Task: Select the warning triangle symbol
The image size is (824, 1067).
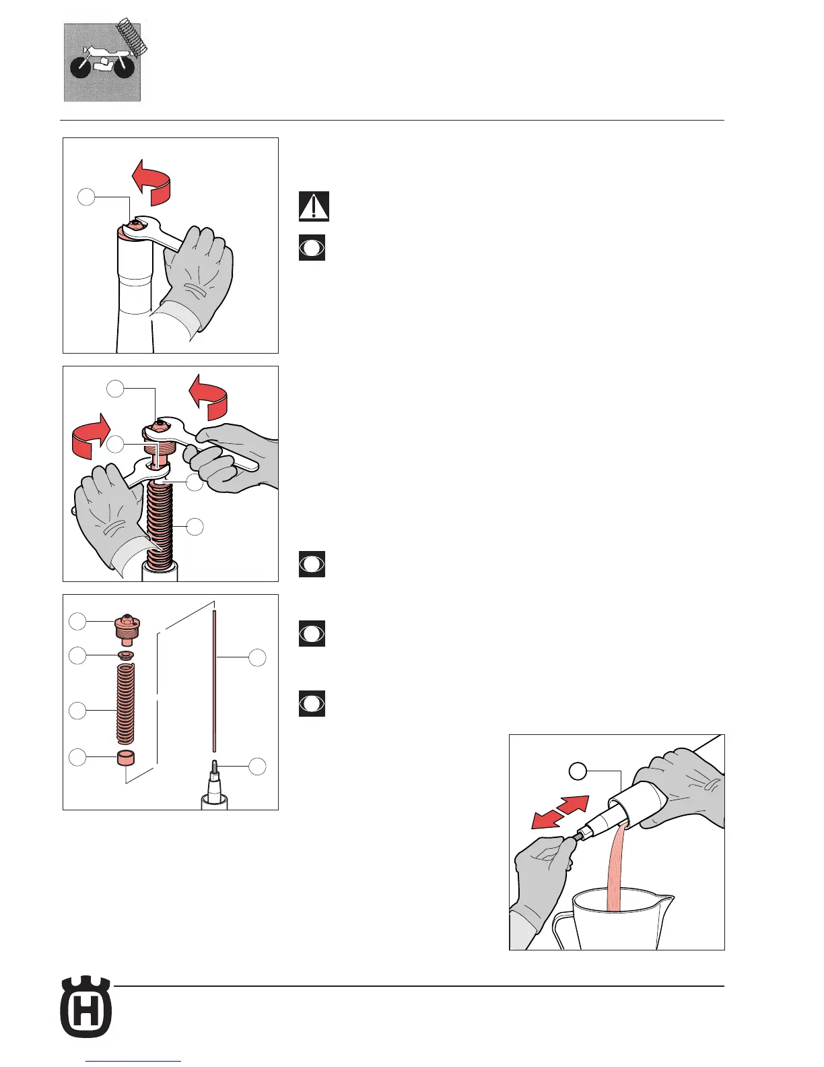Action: tap(314, 206)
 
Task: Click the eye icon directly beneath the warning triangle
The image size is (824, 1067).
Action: tap(312, 247)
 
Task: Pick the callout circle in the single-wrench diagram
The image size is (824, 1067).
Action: tap(86, 197)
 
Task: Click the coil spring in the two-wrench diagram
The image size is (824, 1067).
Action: tap(160, 525)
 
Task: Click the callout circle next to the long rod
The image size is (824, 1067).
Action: tap(257, 657)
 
